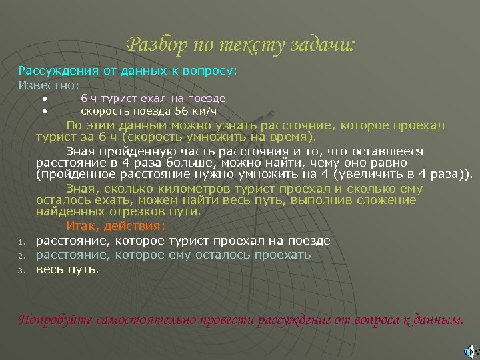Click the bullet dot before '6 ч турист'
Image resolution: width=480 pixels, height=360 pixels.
click(44, 99)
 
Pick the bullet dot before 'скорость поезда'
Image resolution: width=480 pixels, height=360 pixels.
click(44, 111)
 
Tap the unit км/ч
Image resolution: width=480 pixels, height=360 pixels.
click(206, 111)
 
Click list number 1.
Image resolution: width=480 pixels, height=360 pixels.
click(21, 242)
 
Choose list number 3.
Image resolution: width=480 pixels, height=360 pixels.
click(21, 271)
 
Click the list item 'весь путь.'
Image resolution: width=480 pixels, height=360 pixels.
click(67, 269)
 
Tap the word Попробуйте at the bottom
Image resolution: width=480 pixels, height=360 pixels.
click(55, 319)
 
